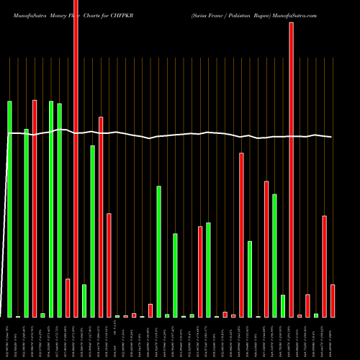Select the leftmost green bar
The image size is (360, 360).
(10, 209)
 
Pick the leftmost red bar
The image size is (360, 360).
(35, 208)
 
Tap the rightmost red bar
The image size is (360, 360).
(333, 301)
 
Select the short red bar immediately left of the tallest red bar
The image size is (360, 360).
(68, 298)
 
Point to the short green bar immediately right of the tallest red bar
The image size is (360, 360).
(84, 301)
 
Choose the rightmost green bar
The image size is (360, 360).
(316, 315)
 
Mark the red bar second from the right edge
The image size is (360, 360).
(325, 266)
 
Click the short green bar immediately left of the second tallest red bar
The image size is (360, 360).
(283, 306)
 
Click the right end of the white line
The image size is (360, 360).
(332, 137)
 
